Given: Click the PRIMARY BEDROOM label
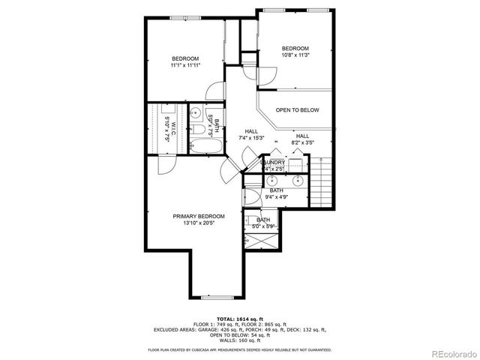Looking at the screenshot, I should coord(199,216).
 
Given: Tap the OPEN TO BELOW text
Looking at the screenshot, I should coord(297,110).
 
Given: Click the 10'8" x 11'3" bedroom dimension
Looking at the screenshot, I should coord(295,55).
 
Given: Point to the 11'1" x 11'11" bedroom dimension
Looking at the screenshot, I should coord(184,66).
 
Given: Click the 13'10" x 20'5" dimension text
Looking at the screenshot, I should coord(199,223).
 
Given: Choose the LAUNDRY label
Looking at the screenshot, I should coord(273,162).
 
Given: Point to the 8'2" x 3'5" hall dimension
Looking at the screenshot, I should coord(302,142).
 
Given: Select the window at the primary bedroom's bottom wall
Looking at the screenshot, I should coord(217,295).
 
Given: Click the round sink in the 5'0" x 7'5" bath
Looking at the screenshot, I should coord(193,114).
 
